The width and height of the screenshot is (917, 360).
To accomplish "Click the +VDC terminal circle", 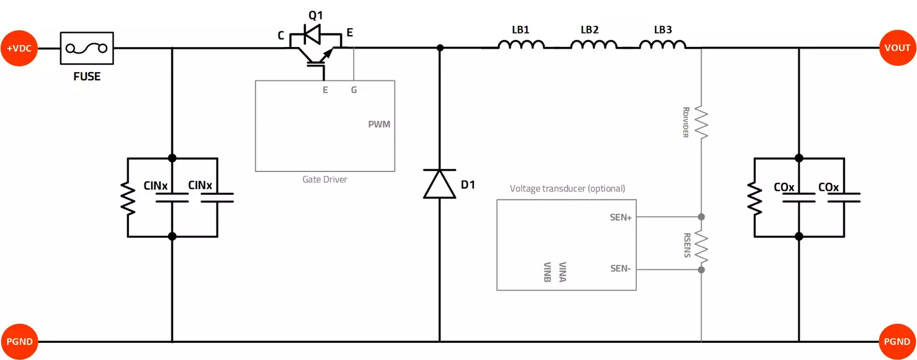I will click(x=19, y=48).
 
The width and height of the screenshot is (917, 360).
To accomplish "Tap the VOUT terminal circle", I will click(x=897, y=48).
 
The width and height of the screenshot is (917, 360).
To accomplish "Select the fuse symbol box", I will click(x=87, y=48).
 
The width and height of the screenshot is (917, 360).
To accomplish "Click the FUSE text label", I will click(x=87, y=76).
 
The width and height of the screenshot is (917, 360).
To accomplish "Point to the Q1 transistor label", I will click(x=316, y=15).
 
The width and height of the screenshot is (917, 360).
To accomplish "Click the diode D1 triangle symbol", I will click(x=440, y=184).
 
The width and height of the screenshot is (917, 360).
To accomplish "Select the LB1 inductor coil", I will click(x=521, y=45).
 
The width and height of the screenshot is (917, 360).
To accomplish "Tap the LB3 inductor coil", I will click(x=663, y=45).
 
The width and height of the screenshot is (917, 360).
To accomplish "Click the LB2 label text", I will click(x=589, y=30).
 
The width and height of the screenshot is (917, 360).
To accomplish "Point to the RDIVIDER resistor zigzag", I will click(x=701, y=122).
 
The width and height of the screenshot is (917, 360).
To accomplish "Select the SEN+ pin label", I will click(x=621, y=217).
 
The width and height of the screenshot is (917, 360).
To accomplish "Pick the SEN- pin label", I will click(x=620, y=268).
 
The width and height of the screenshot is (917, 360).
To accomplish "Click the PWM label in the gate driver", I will click(x=379, y=124).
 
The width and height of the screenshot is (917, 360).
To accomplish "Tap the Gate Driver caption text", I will click(x=324, y=179).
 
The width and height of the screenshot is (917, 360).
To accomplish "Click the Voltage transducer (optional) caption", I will click(x=567, y=189).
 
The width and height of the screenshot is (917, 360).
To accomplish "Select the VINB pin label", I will click(x=547, y=272).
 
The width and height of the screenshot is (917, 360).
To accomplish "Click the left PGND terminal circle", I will click(x=19, y=342).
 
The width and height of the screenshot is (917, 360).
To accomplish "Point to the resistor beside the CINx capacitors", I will click(x=127, y=198).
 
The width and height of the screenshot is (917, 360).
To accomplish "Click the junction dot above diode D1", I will click(x=440, y=48).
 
